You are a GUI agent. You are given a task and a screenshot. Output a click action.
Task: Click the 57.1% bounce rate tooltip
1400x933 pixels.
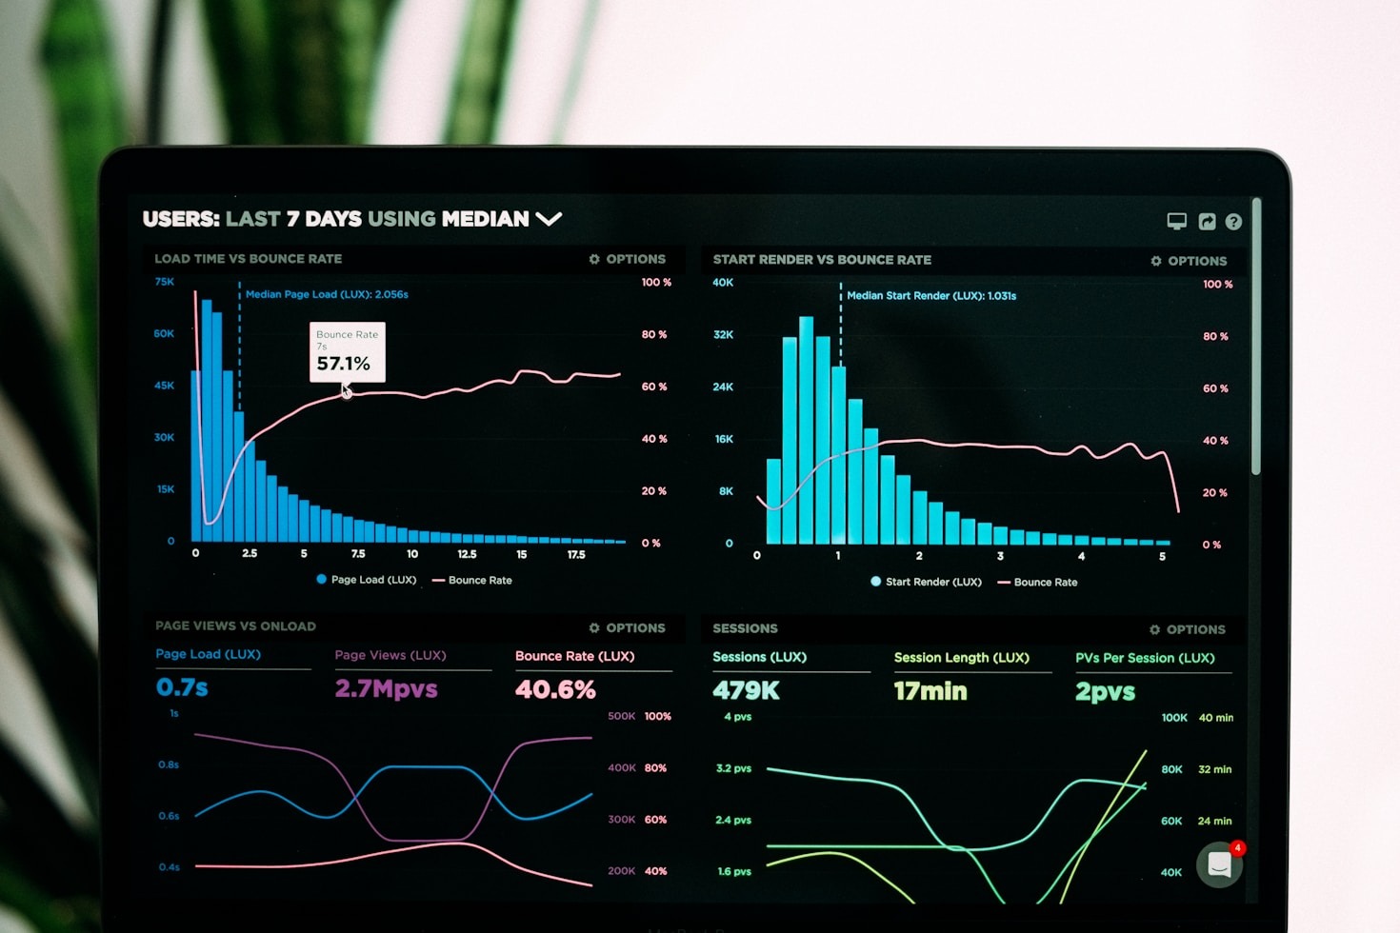click(x=347, y=352)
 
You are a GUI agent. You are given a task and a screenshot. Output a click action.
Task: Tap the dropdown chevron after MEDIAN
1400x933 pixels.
click(x=549, y=219)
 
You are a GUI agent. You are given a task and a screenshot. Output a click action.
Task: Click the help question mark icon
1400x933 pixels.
click(x=1233, y=222)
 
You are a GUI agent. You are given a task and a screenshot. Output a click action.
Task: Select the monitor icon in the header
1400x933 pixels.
click(x=1177, y=221)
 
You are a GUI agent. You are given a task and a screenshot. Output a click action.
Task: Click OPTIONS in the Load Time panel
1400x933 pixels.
click(x=628, y=259)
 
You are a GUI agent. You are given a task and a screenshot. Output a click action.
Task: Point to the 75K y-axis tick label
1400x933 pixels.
click(x=165, y=282)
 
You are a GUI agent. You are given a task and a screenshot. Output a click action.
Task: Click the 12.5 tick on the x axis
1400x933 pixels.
click(x=467, y=554)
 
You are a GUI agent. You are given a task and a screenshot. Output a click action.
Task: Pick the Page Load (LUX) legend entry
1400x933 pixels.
click(x=367, y=580)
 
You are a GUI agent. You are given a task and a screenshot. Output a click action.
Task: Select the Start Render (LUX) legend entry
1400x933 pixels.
click(x=926, y=582)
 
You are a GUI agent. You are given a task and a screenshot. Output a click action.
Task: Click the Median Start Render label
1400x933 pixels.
click(x=931, y=296)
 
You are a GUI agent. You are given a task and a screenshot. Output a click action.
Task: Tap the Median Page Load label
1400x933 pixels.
click(x=327, y=294)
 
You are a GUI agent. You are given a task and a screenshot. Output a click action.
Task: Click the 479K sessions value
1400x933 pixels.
click(x=746, y=690)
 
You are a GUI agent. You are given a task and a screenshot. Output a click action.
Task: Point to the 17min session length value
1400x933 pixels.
click(x=930, y=691)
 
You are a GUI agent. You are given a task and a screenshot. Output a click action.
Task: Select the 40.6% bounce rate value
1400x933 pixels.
click(x=555, y=689)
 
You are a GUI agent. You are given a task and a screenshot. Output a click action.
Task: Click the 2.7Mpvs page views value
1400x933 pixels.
click(x=386, y=688)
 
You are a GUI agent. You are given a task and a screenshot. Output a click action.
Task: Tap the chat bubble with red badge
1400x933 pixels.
click(x=1220, y=864)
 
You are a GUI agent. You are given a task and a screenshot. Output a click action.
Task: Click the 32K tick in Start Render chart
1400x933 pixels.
click(x=723, y=335)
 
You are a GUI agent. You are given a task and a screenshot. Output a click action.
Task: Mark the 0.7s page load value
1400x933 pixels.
click(x=182, y=687)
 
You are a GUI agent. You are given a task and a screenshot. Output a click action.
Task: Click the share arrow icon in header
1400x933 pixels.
click(x=1207, y=222)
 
